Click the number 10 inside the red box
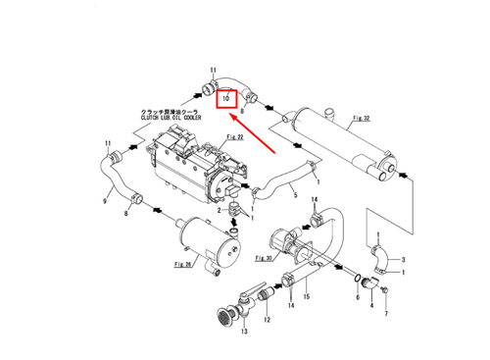pos(225,98)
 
